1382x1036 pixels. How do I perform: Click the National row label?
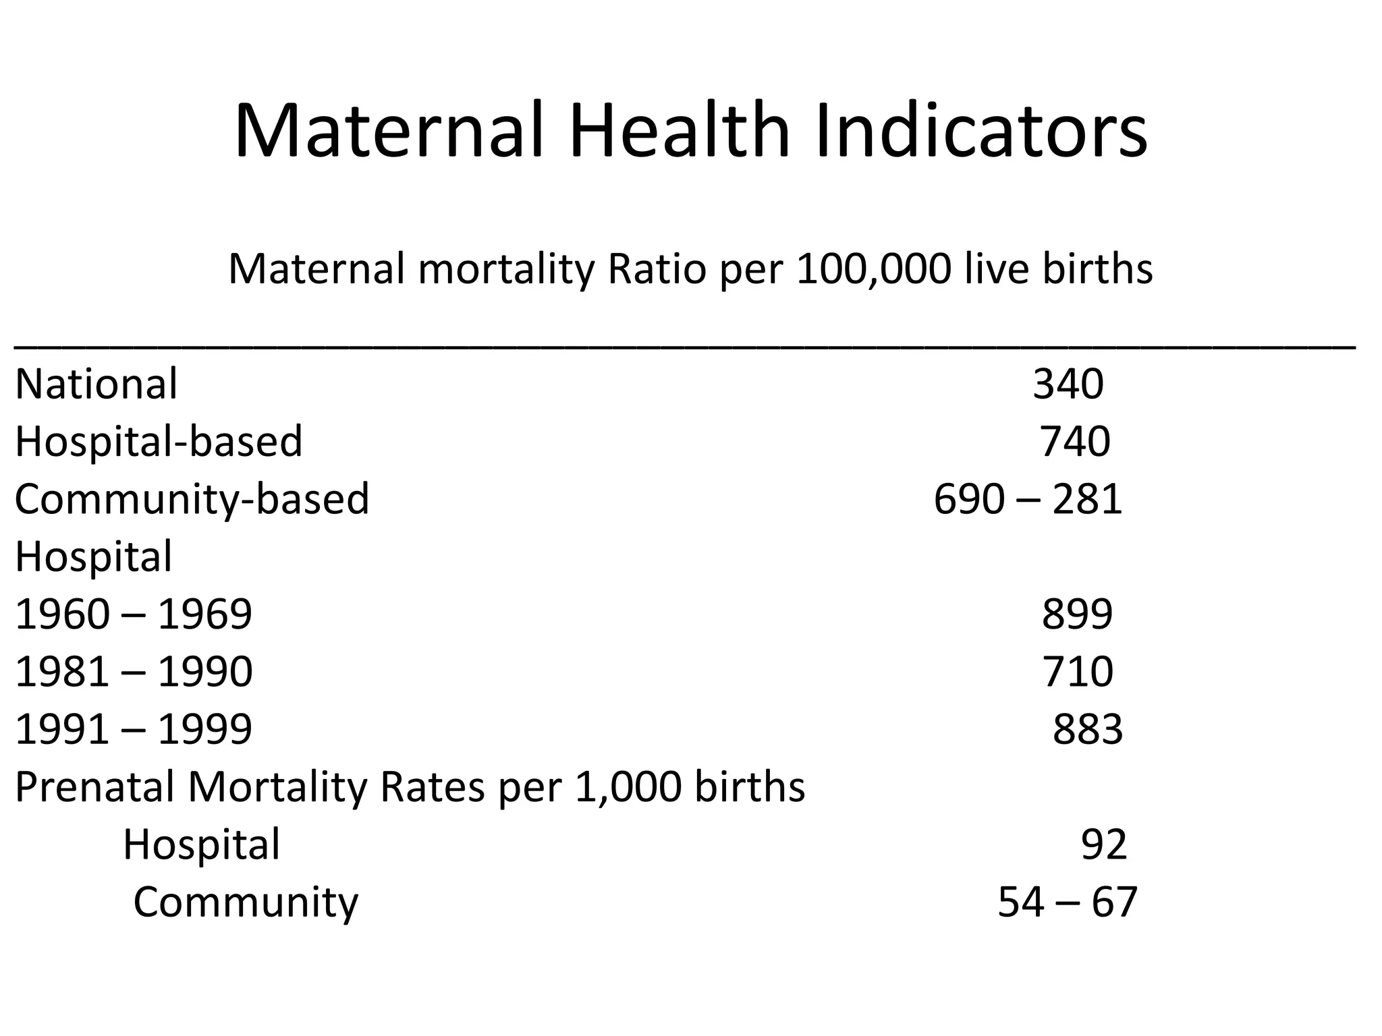pos(96,384)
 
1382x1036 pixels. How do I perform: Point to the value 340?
pos(1068,384)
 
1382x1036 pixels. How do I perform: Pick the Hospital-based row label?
pos(159,442)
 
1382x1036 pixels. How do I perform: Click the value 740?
pos(1074,442)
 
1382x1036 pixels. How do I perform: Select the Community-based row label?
pos(192,500)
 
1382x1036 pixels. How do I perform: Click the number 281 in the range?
pos(1086,500)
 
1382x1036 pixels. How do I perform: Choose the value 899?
pos(1077,614)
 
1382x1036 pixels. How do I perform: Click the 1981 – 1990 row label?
pos(134,672)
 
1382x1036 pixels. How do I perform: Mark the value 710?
pos(1078,672)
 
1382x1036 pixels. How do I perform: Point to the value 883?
pos(1087,729)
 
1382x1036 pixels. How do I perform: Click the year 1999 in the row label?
pos(204,729)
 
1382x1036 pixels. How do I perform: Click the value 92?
pos(1104,844)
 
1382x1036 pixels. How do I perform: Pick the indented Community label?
pos(246,902)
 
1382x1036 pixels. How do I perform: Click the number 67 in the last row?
pos(1115,902)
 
